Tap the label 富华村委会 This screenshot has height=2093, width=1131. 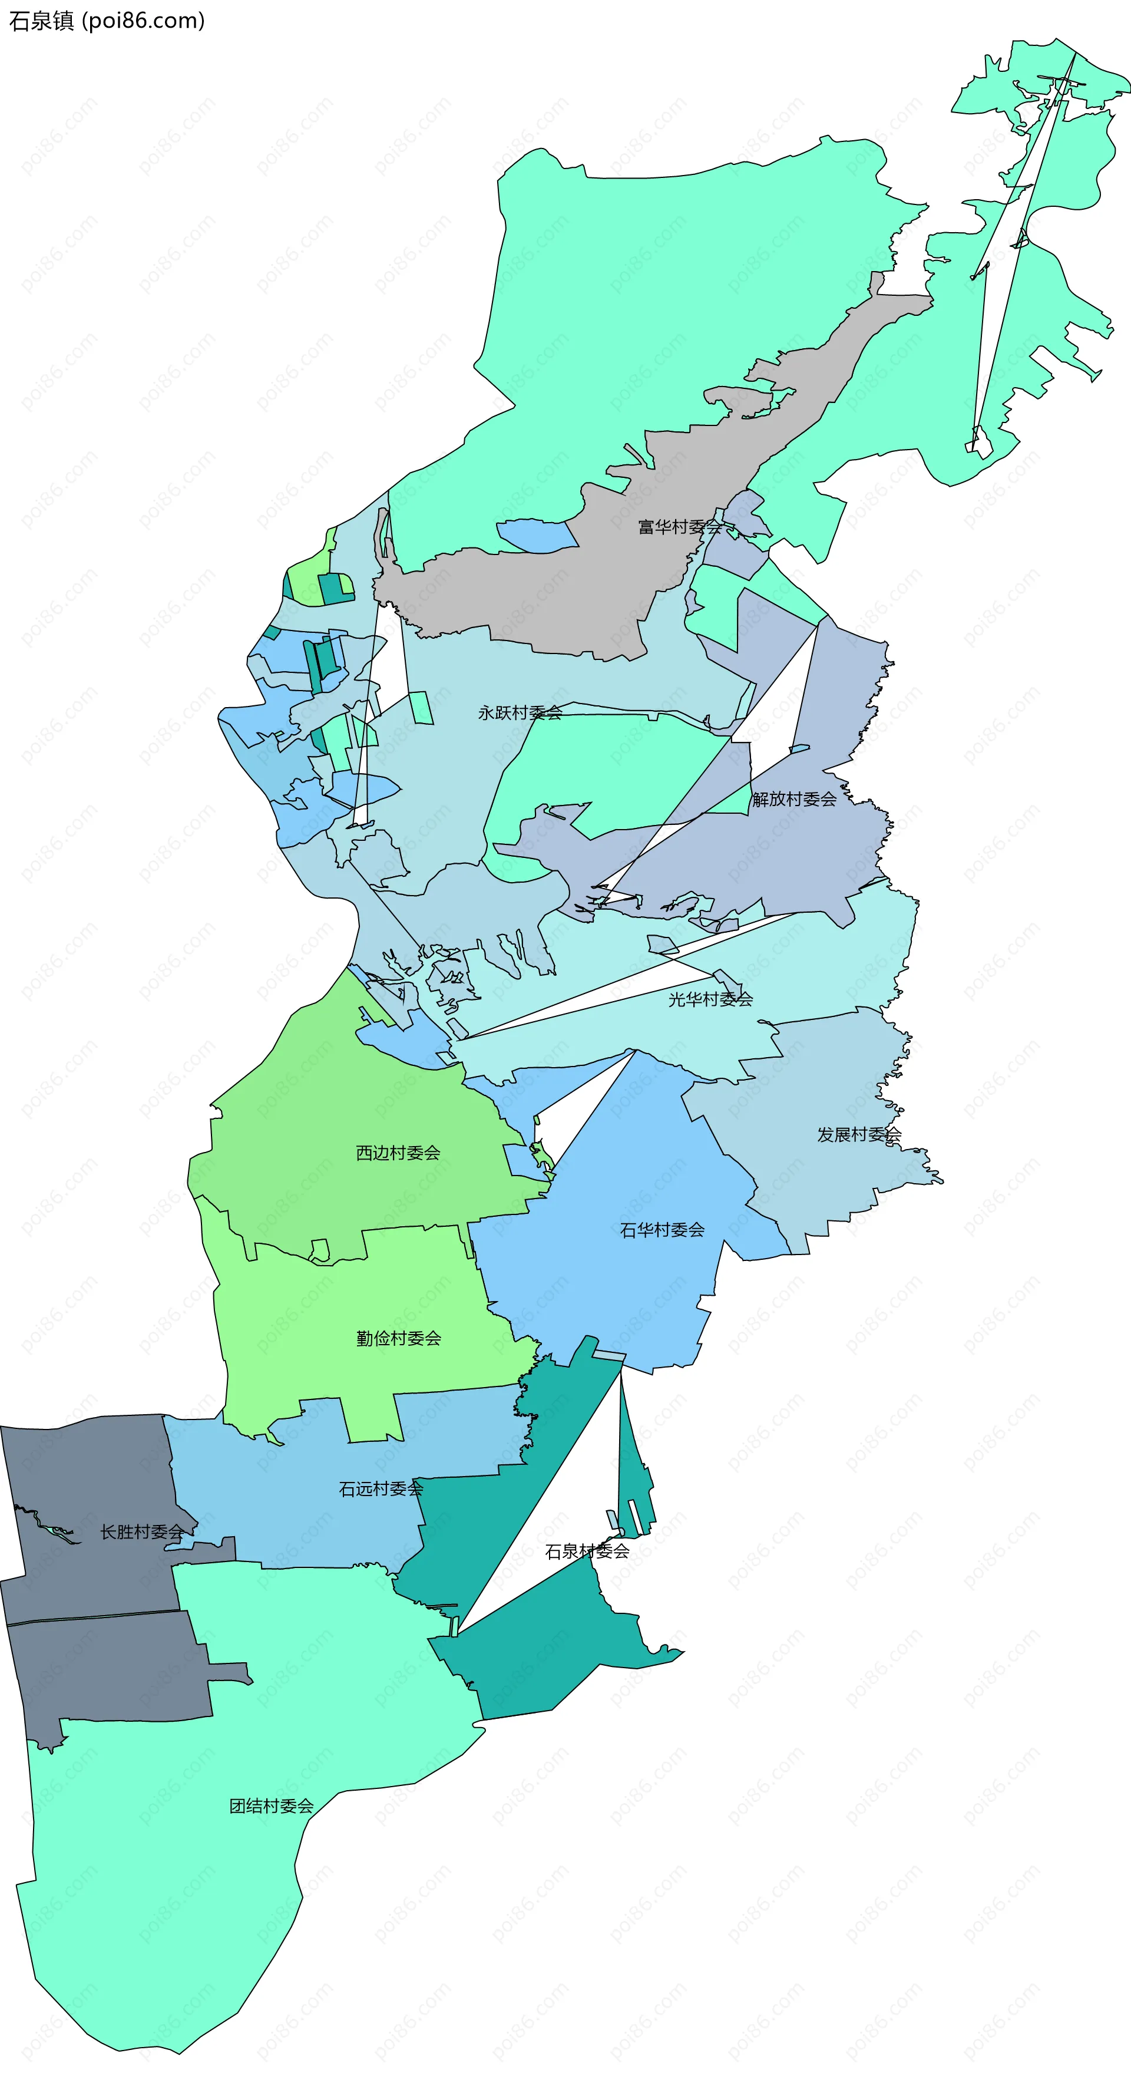tap(679, 527)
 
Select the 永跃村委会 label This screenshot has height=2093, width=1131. tap(520, 712)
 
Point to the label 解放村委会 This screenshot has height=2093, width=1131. tap(794, 798)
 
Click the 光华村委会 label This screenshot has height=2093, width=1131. tap(710, 999)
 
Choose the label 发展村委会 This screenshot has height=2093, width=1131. tap(859, 1134)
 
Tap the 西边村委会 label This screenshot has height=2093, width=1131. tap(398, 1152)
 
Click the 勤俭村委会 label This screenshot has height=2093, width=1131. tap(398, 1338)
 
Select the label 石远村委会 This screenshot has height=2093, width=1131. tap(381, 1488)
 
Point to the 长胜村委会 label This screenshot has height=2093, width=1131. tap(142, 1531)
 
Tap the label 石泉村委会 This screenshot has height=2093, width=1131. tap(587, 1551)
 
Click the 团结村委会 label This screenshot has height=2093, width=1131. tap(272, 1805)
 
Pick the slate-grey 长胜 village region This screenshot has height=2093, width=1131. tap(98, 1666)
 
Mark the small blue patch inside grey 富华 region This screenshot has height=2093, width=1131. tap(536, 536)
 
